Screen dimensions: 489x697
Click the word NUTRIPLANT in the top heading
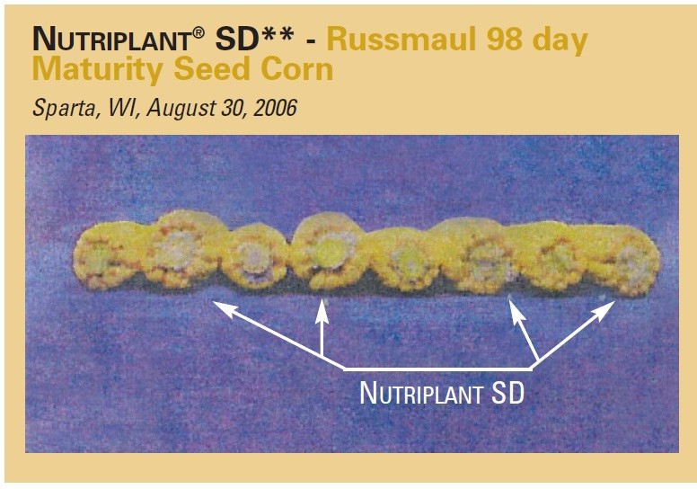[109, 39]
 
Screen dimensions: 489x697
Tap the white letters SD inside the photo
[506, 393]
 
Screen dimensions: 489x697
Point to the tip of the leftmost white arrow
[215, 304]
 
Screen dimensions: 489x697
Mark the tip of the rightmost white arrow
[615, 303]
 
